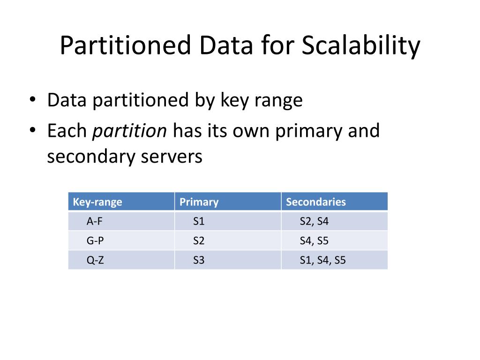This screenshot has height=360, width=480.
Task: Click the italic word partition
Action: click(130, 131)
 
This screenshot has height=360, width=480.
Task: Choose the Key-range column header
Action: click(97, 202)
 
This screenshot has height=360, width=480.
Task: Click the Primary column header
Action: click(199, 202)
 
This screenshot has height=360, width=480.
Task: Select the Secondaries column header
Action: click(316, 202)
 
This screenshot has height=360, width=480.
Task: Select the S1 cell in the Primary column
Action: click(199, 221)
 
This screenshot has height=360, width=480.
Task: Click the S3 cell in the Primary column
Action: click(199, 261)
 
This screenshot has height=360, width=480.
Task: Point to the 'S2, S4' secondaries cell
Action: click(314, 221)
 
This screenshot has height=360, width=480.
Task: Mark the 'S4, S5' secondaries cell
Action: click(314, 241)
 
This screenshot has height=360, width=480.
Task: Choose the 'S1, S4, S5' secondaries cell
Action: click(322, 261)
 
